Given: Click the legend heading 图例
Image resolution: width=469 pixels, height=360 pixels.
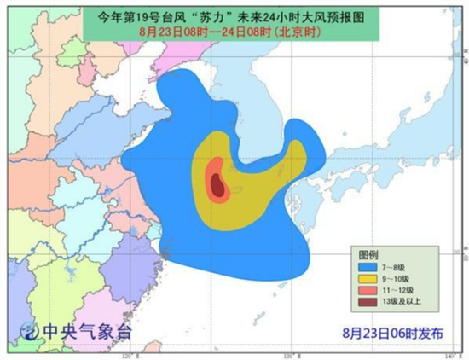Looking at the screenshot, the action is coord(369,255).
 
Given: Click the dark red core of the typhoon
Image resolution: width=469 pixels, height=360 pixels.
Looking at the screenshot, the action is coord(218,183).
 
